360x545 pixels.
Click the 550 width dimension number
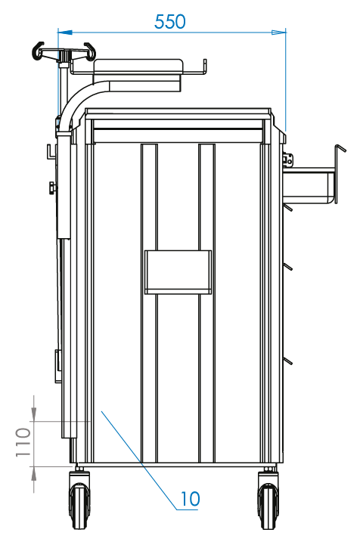pyautogui.click(x=170, y=22)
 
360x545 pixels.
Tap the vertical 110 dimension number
pyautogui.click(x=23, y=442)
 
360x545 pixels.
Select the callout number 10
pyautogui.click(x=191, y=499)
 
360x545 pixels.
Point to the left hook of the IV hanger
pyautogui.click(x=38, y=51)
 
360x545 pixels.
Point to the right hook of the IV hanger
pyautogui.click(x=90, y=51)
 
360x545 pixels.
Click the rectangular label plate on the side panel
pyautogui.click(x=178, y=272)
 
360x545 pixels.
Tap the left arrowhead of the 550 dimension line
pyautogui.click(x=65, y=33)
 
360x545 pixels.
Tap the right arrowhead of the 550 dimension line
pyautogui.click(x=278, y=33)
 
